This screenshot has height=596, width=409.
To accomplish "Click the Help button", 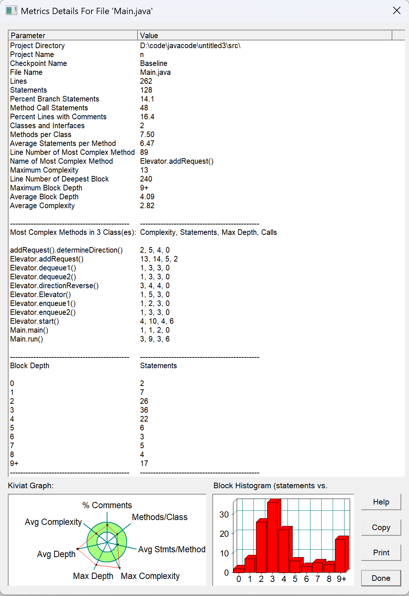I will click(381, 502).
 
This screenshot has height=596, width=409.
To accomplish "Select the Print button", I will click(381, 553).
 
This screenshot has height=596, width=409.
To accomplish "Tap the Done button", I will click(381, 578).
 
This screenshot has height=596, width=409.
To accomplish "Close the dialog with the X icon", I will click(397, 11).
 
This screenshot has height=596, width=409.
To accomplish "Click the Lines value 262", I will click(146, 81).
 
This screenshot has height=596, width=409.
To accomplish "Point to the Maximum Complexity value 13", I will click(144, 170).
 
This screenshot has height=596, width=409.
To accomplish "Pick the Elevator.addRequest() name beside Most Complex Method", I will click(177, 161).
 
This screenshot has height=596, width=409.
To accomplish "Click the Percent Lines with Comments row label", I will click(58, 117).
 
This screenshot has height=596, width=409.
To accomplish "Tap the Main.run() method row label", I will click(27, 339).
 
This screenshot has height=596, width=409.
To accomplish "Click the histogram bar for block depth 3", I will click(273, 537).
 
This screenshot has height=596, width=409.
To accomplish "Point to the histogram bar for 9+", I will click(341, 556).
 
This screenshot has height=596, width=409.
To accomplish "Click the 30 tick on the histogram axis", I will click(224, 515).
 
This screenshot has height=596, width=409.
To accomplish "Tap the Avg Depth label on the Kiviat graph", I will click(56, 554).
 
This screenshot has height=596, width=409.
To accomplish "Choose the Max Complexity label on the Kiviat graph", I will click(150, 576).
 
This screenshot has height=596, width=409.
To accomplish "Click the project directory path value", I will click(190, 46).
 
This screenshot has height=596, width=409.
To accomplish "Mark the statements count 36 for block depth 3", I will click(144, 410).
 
